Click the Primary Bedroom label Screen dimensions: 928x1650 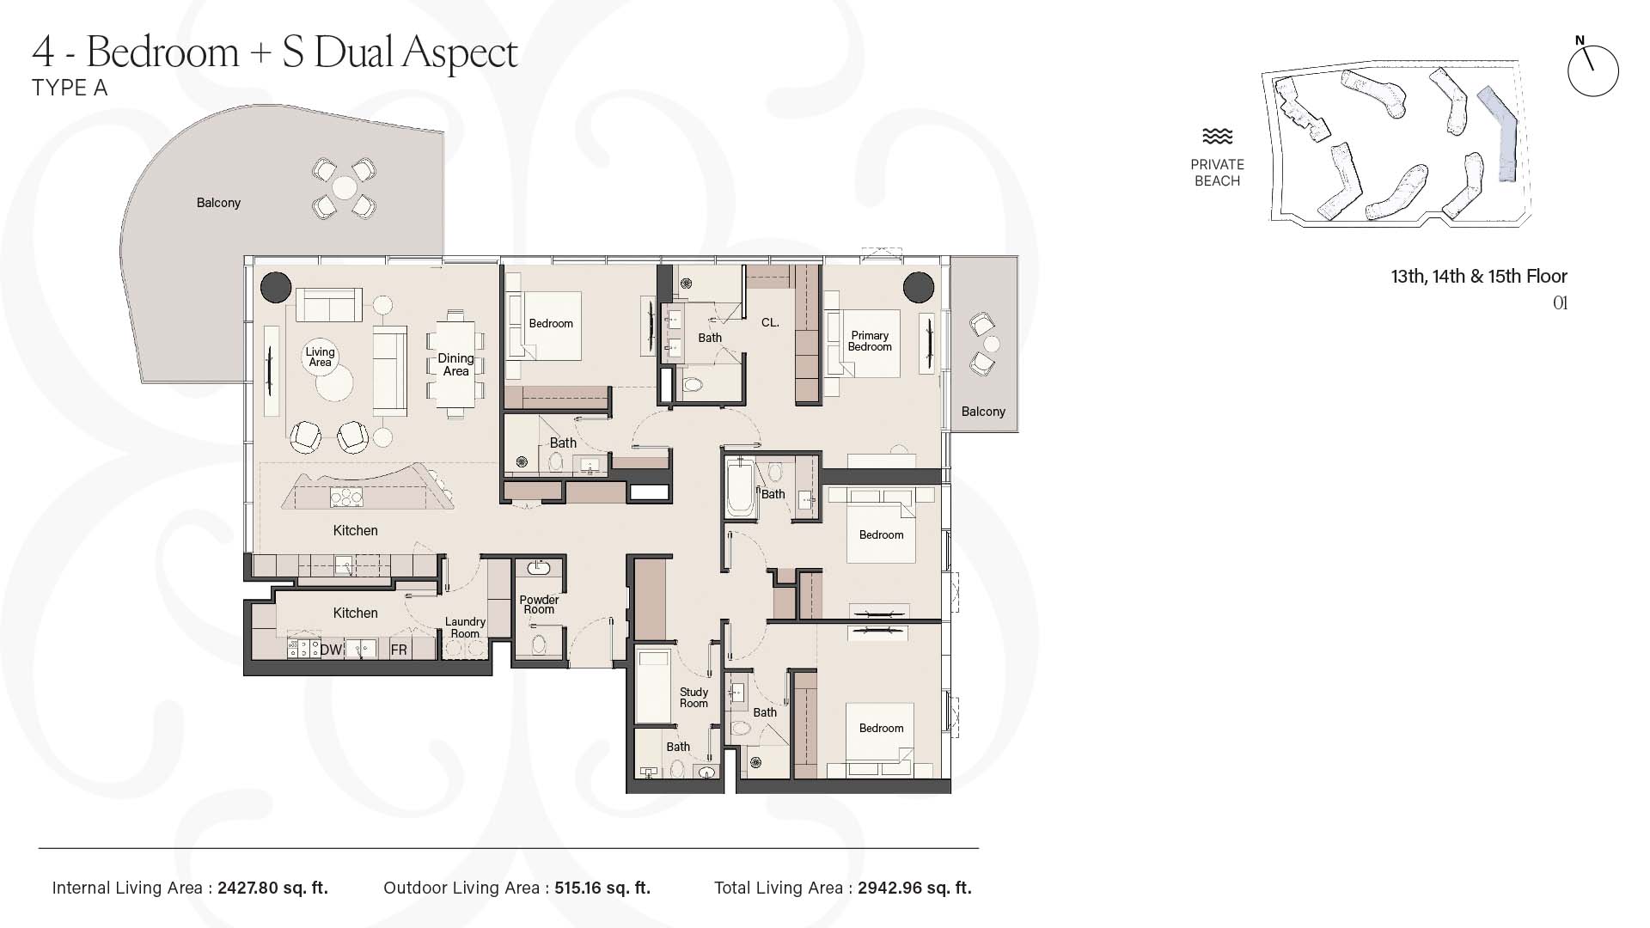(870, 341)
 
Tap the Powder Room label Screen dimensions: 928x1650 (539, 604)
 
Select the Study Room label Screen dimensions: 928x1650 (694, 697)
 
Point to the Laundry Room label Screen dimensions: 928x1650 (465, 627)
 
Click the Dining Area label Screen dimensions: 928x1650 (455, 364)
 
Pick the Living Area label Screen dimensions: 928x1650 (320, 357)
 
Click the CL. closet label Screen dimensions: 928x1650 (770, 323)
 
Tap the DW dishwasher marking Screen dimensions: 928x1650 (332, 650)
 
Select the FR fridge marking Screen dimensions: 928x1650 (399, 650)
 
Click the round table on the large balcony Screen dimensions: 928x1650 (345, 187)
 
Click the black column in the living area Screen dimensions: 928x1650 (276, 286)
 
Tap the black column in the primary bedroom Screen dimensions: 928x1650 (919, 287)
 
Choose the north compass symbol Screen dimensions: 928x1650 (1592, 69)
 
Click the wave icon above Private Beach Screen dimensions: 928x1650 (1217, 137)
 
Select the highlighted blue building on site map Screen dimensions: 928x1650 (1500, 133)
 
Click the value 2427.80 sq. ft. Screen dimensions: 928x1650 (272, 888)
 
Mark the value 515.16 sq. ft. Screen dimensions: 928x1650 (602, 888)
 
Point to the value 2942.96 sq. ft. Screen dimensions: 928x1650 (914, 888)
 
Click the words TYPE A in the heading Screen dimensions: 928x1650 (70, 88)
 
